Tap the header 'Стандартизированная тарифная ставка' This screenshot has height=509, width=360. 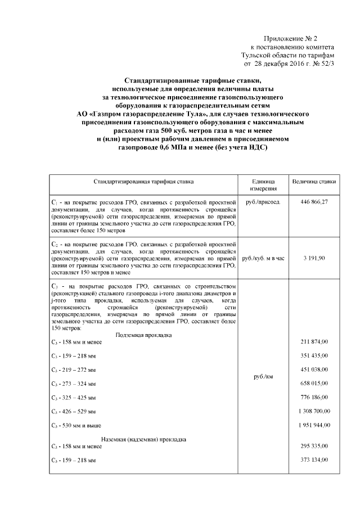coord(143,182)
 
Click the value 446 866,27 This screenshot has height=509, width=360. coord(314,201)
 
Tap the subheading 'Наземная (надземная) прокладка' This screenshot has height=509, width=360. coord(143,439)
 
